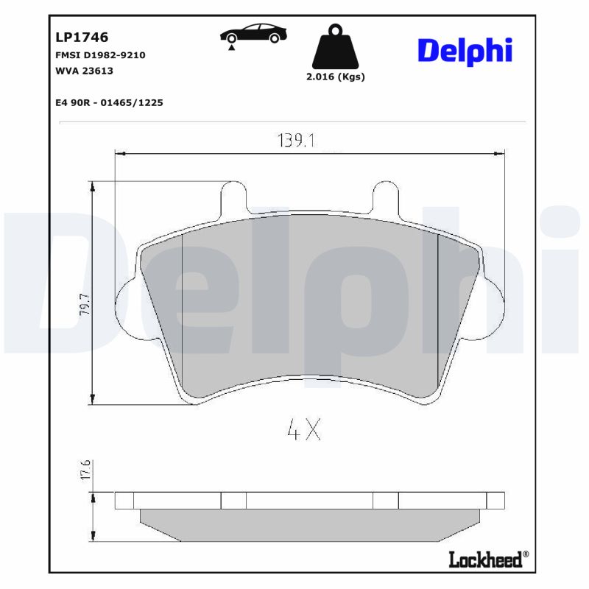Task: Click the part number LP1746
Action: pyautogui.click(x=82, y=36)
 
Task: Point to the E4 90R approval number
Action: pyautogui.click(x=109, y=102)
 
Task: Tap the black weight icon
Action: pyautogui.click(x=335, y=47)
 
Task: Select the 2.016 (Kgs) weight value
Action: pyautogui.click(x=335, y=77)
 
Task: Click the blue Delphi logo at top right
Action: pyautogui.click(x=465, y=51)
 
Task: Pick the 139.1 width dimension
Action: pyautogui.click(x=297, y=140)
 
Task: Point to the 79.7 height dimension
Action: pyautogui.click(x=84, y=304)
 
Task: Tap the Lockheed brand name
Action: pyautogui.click(x=485, y=560)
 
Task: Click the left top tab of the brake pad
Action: pyautogui.click(x=233, y=197)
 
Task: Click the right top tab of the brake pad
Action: pyautogui.click(x=386, y=197)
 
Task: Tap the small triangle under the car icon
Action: pyautogui.click(x=232, y=47)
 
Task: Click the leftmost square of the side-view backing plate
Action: pyautogui.click(x=124, y=501)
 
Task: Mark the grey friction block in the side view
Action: pyautogui.click(x=309, y=524)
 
